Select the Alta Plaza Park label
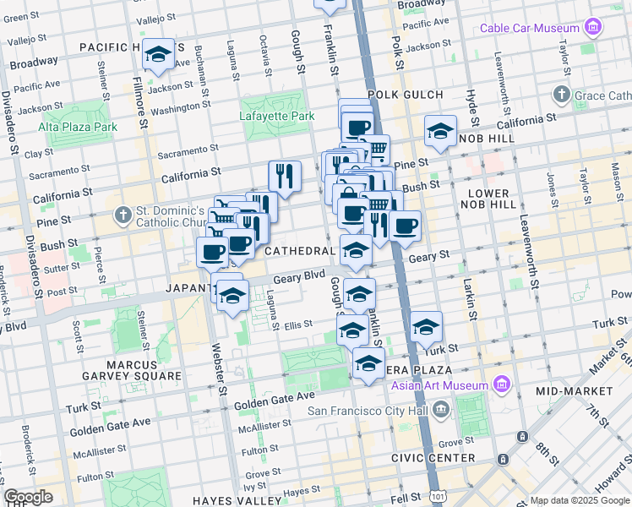[x=78, y=127]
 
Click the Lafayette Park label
[x=276, y=116]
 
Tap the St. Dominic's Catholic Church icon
[x=124, y=213]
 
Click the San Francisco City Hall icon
[x=440, y=411]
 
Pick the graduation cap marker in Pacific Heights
[x=158, y=55]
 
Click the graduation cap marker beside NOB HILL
[x=440, y=132]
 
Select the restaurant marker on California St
[x=285, y=177]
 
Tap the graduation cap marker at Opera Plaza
[x=368, y=364]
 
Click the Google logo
[x=28, y=497]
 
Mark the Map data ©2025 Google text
[x=579, y=500]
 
